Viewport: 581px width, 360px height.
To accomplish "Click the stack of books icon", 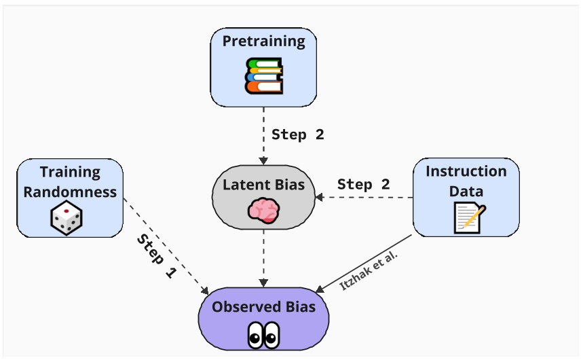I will [263, 75].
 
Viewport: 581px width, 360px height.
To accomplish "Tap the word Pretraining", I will [263, 41].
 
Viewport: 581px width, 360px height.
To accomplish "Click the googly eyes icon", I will [263, 335].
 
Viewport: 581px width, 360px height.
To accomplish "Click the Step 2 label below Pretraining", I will [298, 134].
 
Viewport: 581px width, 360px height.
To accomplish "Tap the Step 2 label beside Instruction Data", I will [364, 184].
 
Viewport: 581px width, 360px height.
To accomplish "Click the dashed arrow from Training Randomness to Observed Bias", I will [166, 247].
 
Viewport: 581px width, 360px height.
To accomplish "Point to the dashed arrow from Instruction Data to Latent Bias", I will [367, 198].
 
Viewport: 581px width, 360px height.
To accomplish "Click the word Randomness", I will [70, 192].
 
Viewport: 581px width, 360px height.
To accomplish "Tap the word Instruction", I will [466, 171].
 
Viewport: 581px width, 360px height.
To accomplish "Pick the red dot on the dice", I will [66, 211].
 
